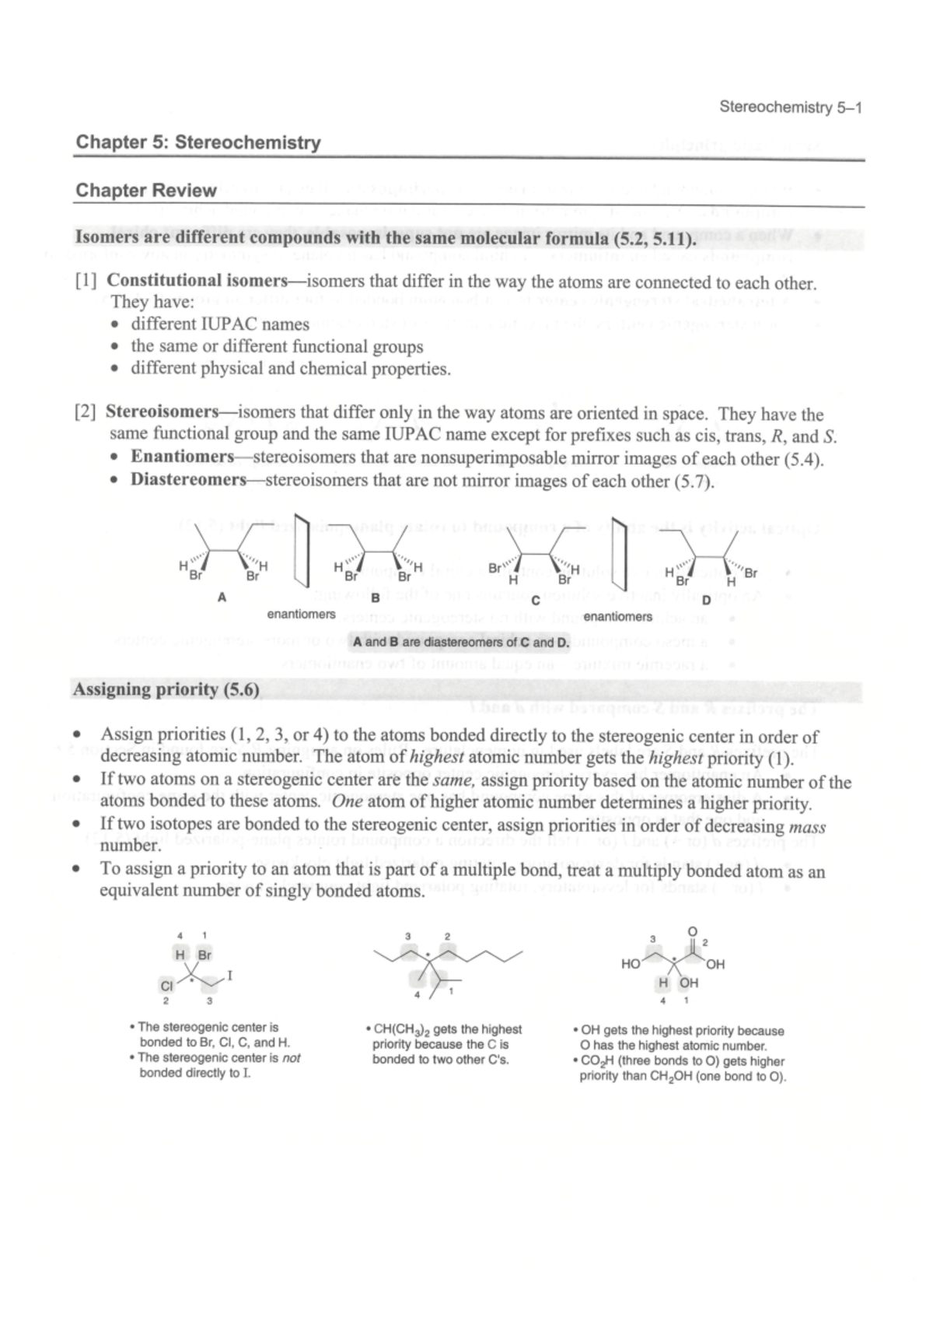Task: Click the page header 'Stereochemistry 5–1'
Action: click(x=790, y=108)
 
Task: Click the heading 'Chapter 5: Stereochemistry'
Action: click(x=197, y=143)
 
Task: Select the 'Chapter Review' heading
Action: click(x=145, y=191)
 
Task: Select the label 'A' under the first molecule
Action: click(x=222, y=597)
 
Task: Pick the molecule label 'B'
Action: click(x=376, y=597)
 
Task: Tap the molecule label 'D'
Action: click(x=706, y=600)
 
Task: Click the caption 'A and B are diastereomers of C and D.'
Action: click(x=461, y=643)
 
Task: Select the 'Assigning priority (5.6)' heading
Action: click(x=165, y=690)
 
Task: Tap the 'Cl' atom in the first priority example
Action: click(x=166, y=986)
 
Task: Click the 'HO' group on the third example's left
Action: click(x=631, y=965)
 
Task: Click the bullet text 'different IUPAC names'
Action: click(x=220, y=324)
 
